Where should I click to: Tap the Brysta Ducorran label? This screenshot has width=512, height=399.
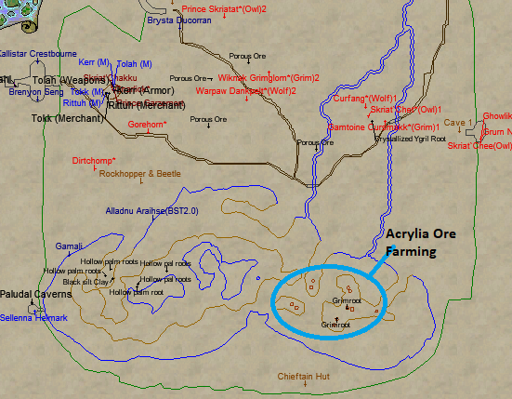click(x=179, y=18)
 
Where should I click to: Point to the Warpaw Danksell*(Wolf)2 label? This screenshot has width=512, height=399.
click(x=246, y=91)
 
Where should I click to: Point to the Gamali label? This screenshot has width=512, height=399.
click(x=69, y=246)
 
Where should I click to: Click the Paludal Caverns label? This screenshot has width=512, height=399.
click(x=35, y=294)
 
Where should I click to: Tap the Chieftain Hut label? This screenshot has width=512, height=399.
click(x=304, y=377)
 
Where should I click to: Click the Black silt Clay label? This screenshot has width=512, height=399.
click(x=85, y=281)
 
